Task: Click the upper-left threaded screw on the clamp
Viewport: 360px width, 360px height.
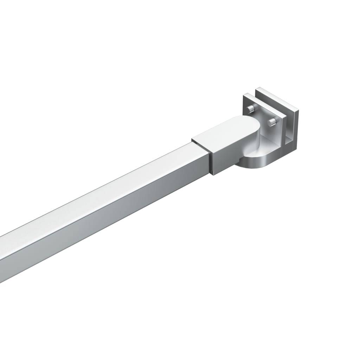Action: click(x=250, y=108)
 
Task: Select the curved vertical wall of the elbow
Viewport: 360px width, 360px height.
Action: click(x=258, y=141)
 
